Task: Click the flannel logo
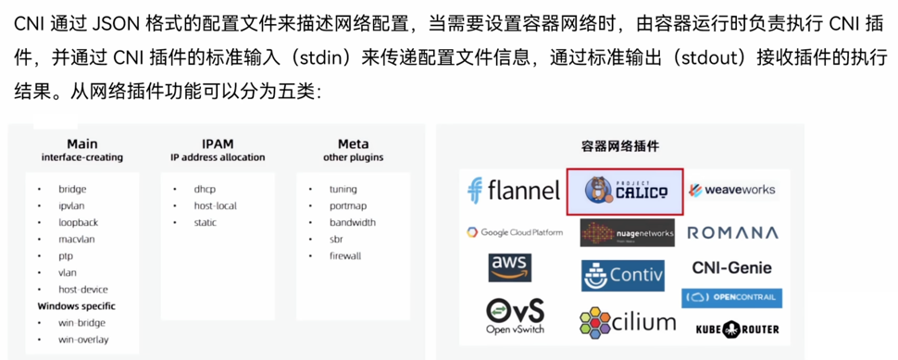[513, 191]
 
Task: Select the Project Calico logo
[626, 192]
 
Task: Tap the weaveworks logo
[732, 190]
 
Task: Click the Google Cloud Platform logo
[515, 231]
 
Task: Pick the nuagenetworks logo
[627, 233]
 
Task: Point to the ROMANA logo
[732, 233]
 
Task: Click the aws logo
[510, 267]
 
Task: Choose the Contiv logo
[622, 276]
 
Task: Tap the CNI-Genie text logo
[732, 267]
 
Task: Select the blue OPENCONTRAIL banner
[731, 298]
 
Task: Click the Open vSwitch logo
[515, 316]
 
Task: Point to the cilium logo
[628, 323]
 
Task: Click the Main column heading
[81, 143]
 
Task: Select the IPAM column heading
[218, 143]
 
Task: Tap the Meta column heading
[354, 143]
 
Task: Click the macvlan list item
[76, 240]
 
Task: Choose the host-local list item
[215, 206]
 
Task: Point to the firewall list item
[345, 255]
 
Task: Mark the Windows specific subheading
[76, 306]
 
